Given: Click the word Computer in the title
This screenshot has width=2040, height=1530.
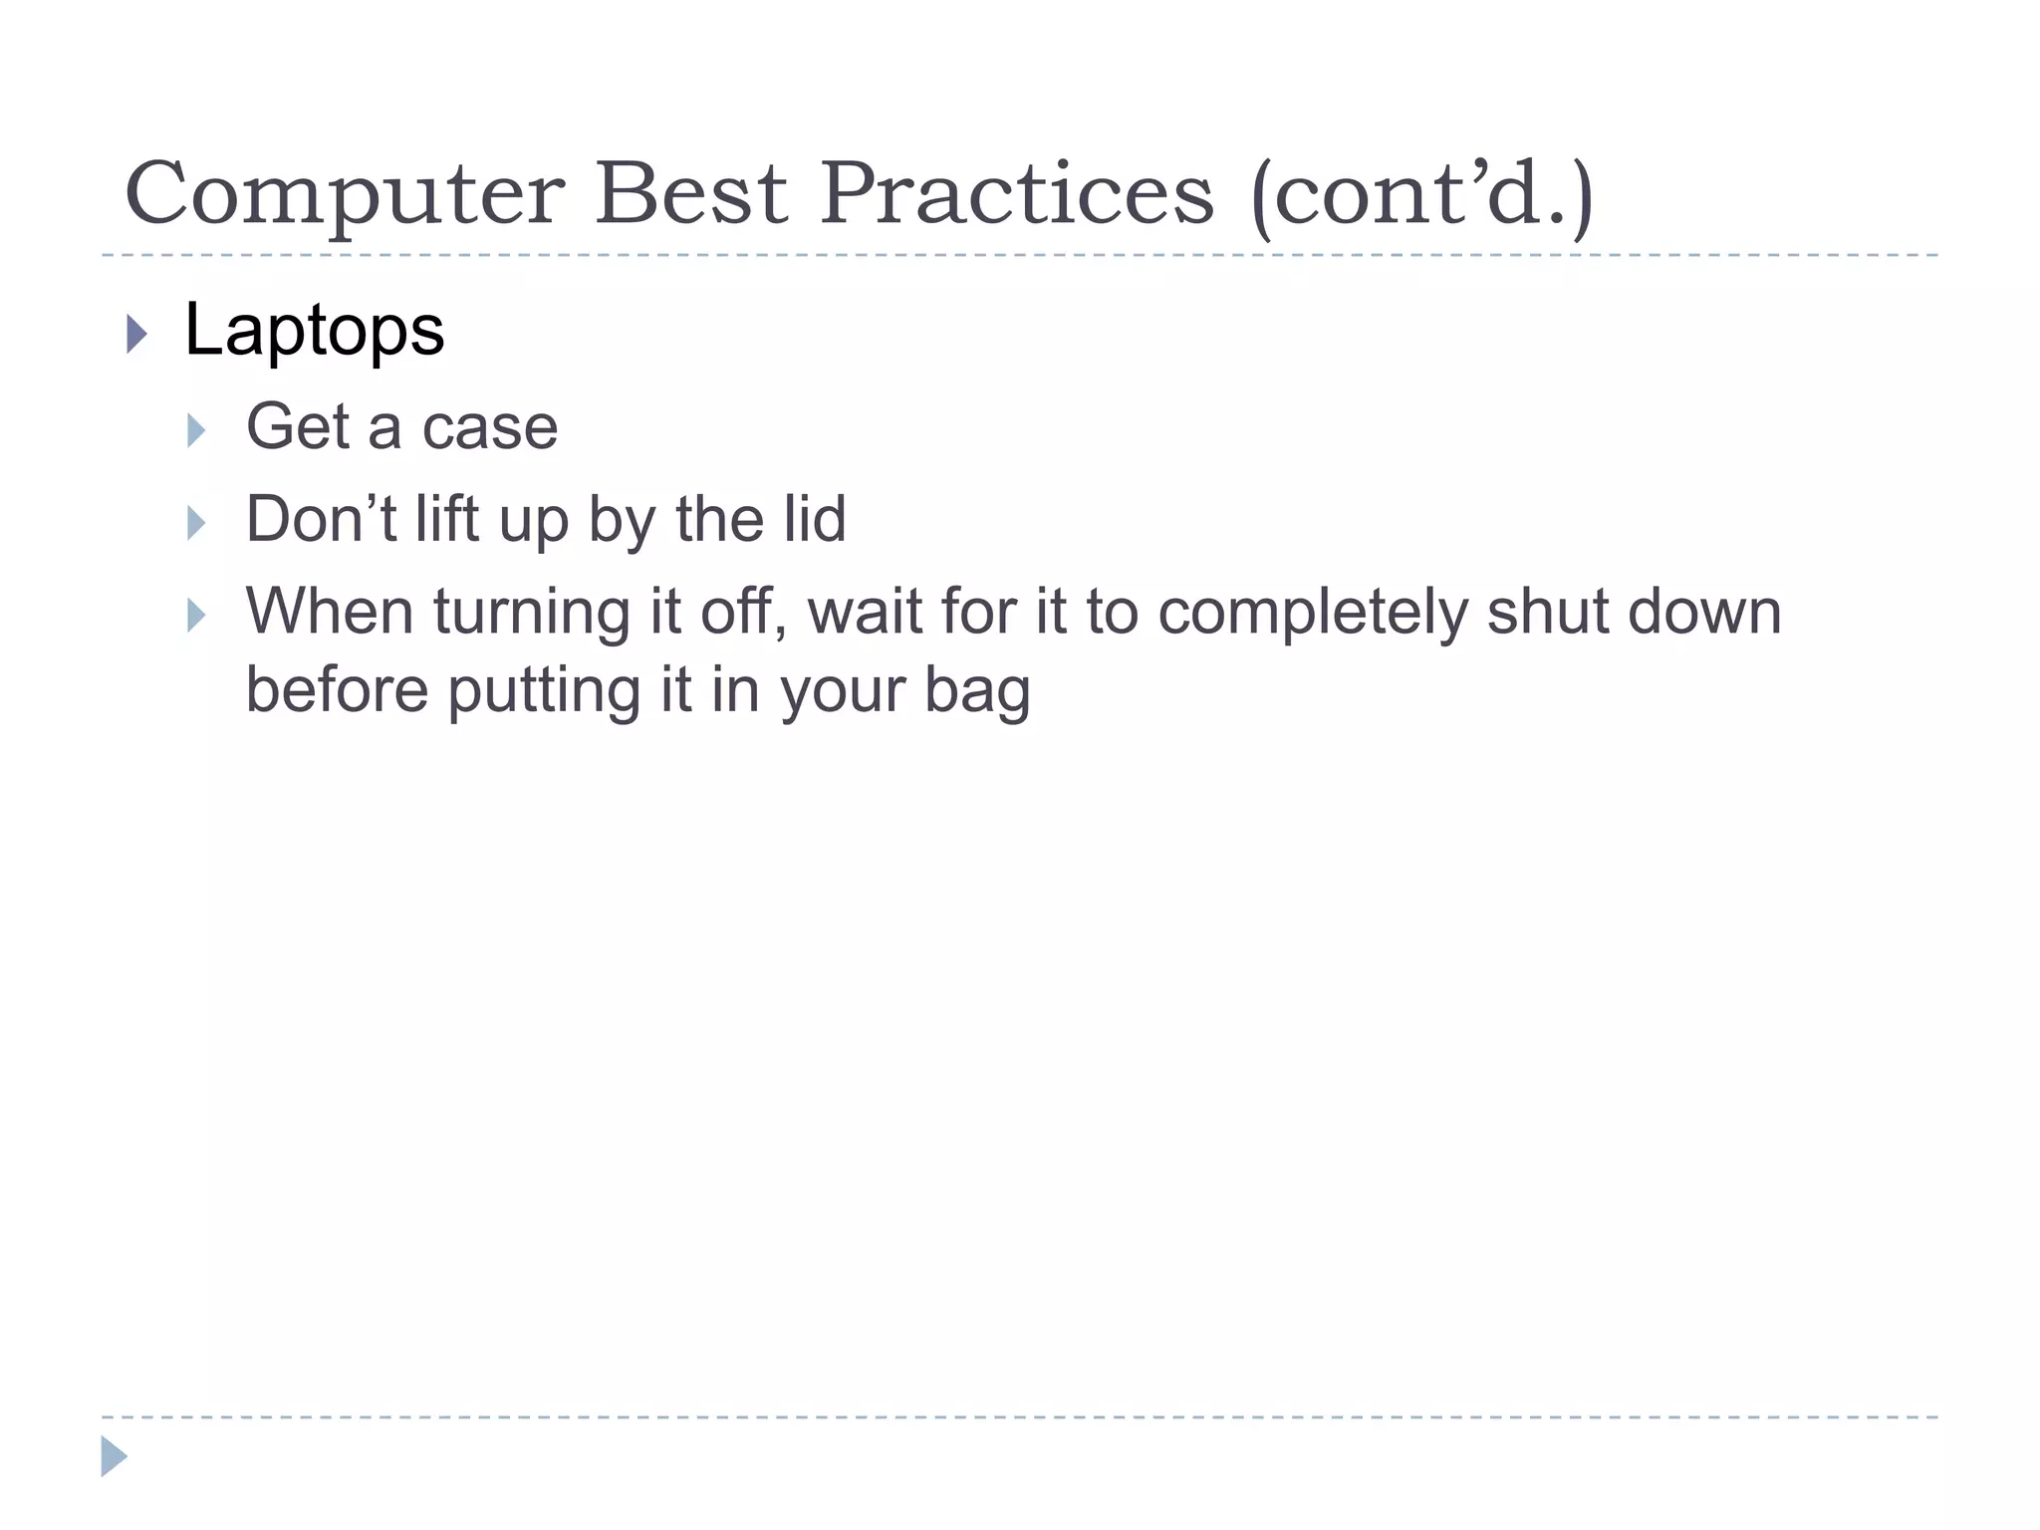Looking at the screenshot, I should click(345, 194).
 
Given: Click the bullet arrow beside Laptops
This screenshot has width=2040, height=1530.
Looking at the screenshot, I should click(137, 335).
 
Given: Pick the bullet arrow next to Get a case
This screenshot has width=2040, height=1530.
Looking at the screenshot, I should click(196, 430).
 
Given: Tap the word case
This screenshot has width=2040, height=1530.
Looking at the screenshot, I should click(489, 427).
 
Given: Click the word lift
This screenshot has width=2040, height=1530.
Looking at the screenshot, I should click(446, 519).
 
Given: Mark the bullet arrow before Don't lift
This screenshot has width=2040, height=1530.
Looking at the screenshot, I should click(196, 523).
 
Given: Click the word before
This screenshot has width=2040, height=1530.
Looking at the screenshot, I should click(337, 689).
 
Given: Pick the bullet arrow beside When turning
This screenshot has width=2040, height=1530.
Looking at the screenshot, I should click(196, 616).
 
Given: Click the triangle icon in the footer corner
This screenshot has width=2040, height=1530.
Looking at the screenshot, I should click(114, 1456).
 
